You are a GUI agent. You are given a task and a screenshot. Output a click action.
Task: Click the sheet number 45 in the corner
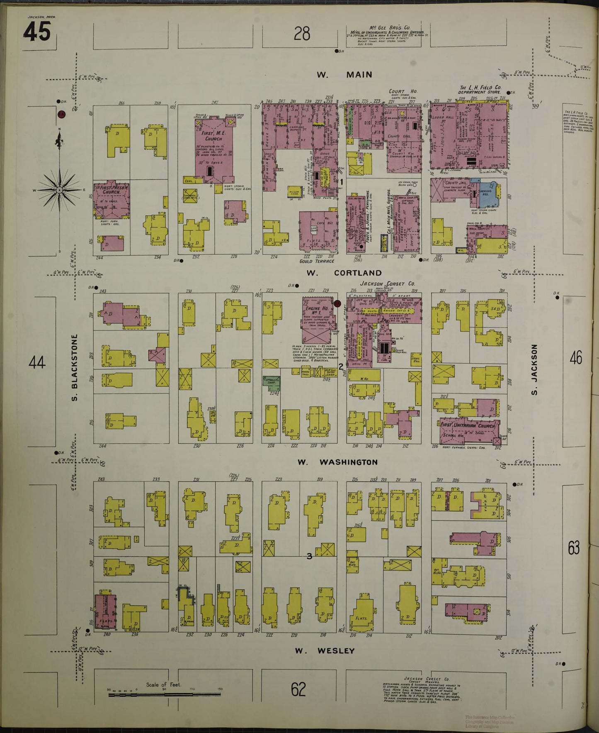[37, 32]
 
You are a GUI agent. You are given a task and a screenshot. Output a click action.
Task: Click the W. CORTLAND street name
[344, 273]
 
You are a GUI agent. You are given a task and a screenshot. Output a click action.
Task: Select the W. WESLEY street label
[325, 650]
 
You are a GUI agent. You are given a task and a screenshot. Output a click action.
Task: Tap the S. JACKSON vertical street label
[534, 369]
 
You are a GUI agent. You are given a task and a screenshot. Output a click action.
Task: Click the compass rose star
[59, 190]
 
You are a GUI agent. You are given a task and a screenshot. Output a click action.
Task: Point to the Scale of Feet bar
[165, 694]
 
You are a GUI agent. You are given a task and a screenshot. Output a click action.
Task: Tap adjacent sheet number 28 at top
[302, 33]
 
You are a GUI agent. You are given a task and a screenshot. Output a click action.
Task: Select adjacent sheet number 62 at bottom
[298, 689]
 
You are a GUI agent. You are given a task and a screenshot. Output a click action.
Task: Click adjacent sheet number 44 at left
[37, 362]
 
